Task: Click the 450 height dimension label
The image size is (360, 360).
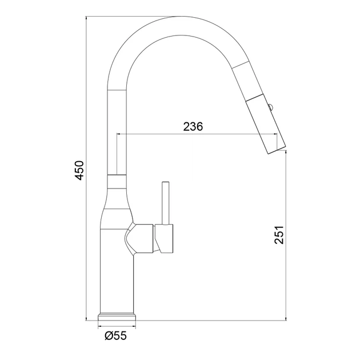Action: (x=79, y=170)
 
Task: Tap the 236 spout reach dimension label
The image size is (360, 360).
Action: (x=193, y=126)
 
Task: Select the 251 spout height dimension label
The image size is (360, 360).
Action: (x=279, y=235)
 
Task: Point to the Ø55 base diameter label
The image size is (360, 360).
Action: (x=115, y=336)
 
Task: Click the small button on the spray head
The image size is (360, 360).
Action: (x=271, y=107)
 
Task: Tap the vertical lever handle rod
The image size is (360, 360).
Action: (x=166, y=203)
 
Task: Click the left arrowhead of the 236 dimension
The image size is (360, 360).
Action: (x=119, y=134)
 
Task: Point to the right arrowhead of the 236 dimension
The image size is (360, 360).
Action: (x=275, y=134)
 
